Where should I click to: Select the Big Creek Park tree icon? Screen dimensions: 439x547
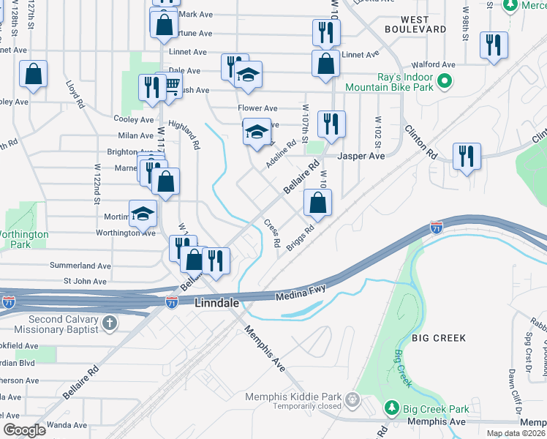tap(392, 407)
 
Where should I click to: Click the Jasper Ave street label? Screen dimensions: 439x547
tap(361, 157)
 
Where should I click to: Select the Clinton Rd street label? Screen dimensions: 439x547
tap(420, 143)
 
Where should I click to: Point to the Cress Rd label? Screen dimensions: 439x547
tap(271, 233)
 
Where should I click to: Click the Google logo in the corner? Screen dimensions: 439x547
tap(24, 430)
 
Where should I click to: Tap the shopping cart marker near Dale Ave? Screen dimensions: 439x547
tap(171, 86)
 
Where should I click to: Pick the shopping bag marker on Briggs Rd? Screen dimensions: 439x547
tap(317, 203)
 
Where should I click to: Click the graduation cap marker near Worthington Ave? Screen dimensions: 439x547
tap(143, 214)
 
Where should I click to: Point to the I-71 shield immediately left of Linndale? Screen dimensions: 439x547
tap(172, 301)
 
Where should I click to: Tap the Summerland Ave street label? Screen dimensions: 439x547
tap(80, 266)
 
